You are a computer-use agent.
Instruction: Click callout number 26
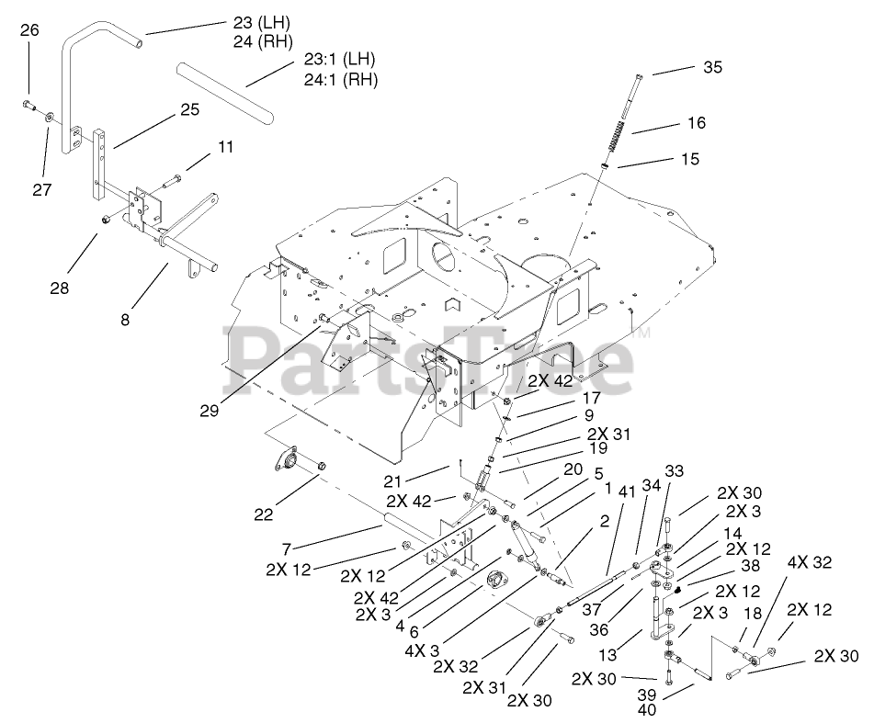(x=29, y=30)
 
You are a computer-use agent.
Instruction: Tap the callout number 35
(x=713, y=66)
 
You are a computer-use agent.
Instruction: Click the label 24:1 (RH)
(x=340, y=79)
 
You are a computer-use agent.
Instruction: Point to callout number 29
(x=209, y=411)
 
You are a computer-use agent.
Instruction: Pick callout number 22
(x=265, y=514)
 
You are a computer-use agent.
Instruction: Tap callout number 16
(x=695, y=122)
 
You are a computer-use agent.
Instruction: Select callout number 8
(x=125, y=320)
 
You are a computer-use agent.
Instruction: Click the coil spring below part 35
(x=618, y=144)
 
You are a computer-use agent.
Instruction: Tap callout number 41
(x=603, y=491)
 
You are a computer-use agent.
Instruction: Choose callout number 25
(x=189, y=110)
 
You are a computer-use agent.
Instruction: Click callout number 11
(x=226, y=146)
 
